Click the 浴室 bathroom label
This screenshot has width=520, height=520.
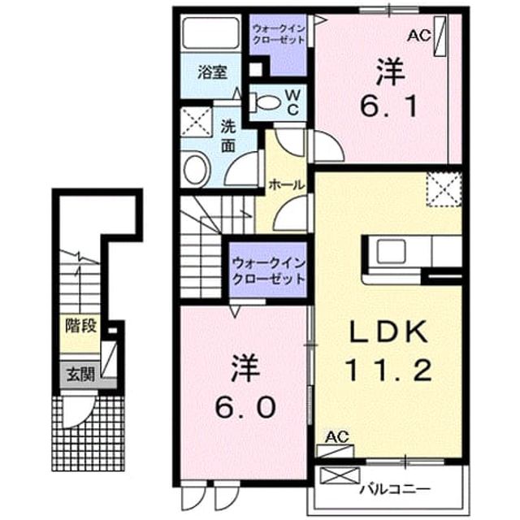[212, 72]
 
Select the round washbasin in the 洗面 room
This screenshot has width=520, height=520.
[197, 169]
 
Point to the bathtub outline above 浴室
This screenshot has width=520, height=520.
[211, 32]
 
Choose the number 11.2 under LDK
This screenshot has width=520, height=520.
[388, 370]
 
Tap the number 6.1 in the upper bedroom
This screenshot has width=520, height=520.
[388, 106]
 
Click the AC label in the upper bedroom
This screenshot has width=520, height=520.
[419, 35]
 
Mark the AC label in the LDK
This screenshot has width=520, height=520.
[337, 437]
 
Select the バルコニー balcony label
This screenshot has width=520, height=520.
[395, 489]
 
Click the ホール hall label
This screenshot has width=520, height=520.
[286, 184]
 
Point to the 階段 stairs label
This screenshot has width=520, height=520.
[80, 325]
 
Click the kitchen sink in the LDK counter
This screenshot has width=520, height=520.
[392, 251]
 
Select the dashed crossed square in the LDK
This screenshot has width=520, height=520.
[444, 189]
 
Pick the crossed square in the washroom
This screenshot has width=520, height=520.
[197, 122]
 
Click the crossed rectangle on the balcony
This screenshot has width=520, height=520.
[340, 475]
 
